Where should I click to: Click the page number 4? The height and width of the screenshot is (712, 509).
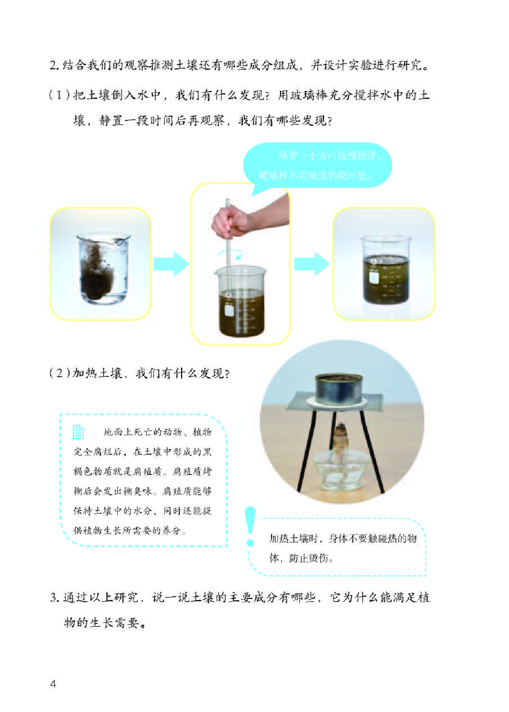click(53, 684)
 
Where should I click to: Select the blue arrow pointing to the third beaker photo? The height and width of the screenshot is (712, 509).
click(311, 264)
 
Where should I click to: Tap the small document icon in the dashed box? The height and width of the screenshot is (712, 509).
click(78, 432)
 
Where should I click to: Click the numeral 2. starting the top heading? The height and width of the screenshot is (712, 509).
click(54, 65)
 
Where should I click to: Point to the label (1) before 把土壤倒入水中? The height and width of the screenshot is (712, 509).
click(59, 95)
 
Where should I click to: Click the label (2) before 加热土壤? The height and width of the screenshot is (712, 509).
click(59, 374)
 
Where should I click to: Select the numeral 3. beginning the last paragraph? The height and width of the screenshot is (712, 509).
click(55, 598)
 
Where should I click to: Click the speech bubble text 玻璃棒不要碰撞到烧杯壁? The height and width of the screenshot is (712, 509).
click(315, 175)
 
